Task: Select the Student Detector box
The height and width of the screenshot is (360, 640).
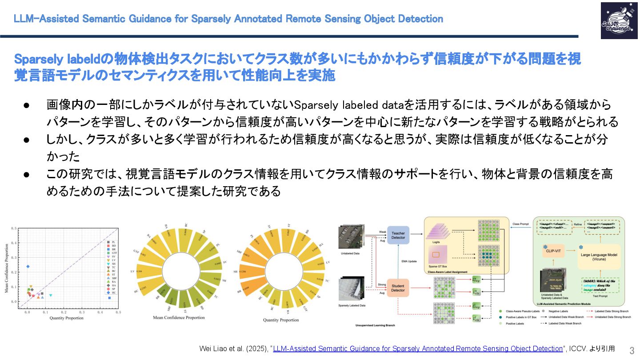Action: pos(398,288)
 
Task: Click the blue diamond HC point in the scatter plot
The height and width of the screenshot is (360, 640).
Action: pos(28,267)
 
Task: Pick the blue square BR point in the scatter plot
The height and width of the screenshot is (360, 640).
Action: pos(109,298)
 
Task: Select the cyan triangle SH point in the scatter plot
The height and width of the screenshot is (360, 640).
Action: pos(51,295)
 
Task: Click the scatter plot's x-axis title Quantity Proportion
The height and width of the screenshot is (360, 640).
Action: pos(66,318)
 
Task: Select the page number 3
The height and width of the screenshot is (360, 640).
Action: pos(632,349)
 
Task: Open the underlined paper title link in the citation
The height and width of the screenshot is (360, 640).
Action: pos(418,349)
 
